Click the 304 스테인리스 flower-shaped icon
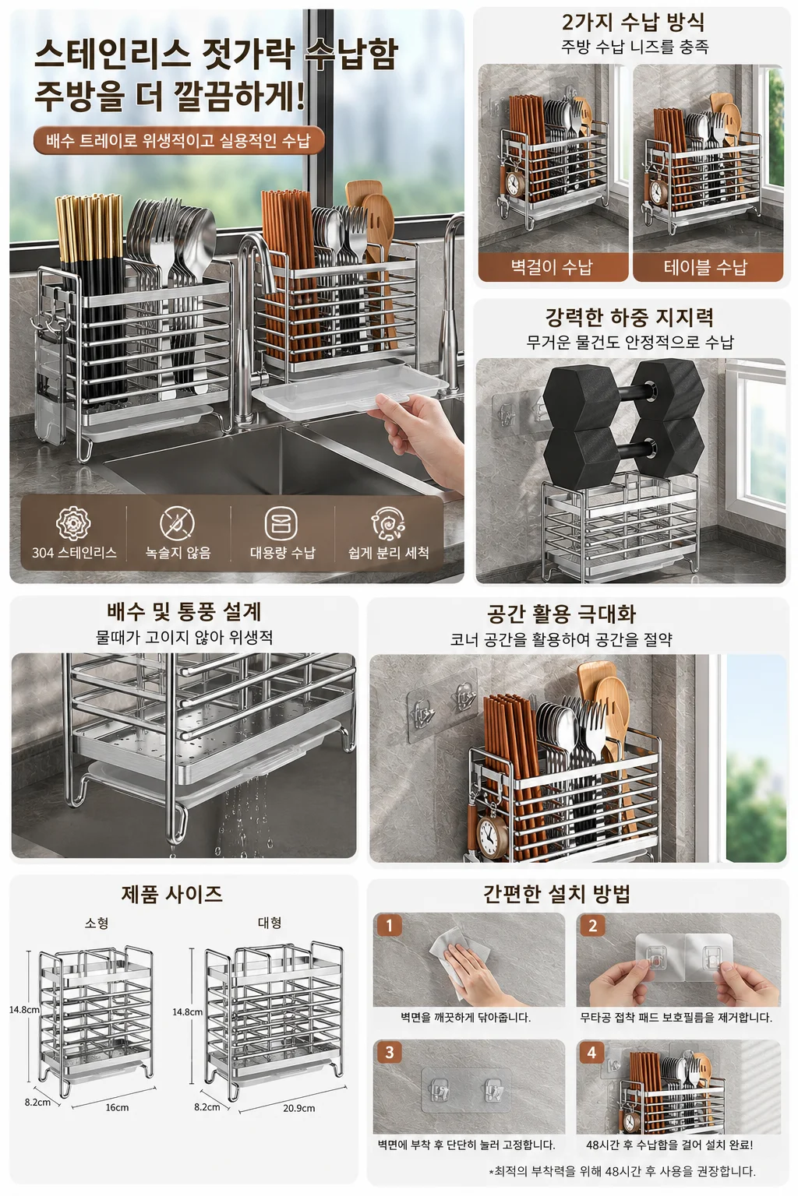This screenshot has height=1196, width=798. (x=73, y=522)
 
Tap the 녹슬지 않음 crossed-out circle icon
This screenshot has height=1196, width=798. (x=177, y=522)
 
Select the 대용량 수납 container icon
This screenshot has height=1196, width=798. (x=281, y=523)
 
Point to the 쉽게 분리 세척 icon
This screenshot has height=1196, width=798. (x=388, y=523)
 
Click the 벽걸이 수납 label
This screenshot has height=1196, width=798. (x=552, y=267)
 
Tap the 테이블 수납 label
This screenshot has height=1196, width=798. (x=705, y=267)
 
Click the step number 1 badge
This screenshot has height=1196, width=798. (x=389, y=925)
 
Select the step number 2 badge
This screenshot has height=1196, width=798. (x=593, y=925)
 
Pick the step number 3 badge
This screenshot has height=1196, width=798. (x=389, y=1053)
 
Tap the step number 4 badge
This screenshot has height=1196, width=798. (x=592, y=1053)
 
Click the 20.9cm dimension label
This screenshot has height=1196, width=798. (x=298, y=1109)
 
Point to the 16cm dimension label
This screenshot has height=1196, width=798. (x=117, y=1107)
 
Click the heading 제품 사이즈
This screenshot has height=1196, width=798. (x=171, y=894)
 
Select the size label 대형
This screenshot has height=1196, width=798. (x=270, y=923)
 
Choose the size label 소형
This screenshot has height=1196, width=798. (x=97, y=923)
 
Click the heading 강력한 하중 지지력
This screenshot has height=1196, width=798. (x=629, y=317)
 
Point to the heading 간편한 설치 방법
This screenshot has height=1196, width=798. (x=556, y=894)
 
